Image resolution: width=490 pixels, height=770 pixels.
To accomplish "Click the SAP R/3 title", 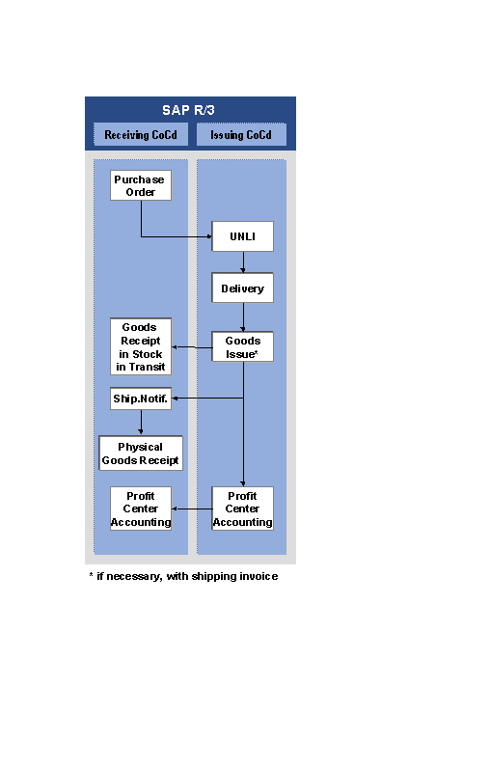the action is click(188, 110).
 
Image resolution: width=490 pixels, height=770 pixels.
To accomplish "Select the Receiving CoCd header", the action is click(141, 134).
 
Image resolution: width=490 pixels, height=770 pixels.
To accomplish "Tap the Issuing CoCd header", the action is click(241, 134).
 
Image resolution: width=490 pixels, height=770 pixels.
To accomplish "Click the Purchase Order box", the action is click(141, 185).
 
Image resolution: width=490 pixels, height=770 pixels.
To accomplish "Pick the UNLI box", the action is click(242, 236).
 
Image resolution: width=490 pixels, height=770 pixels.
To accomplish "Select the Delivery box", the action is click(242, 289).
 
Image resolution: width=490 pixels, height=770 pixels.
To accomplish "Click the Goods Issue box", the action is click(242, 347).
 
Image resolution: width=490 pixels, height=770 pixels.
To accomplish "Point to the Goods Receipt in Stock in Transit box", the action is click(141, 346).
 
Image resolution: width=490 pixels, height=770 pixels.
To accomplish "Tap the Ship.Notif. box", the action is click(141, 399).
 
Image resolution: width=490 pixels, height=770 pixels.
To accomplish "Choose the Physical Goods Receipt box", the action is click(141, 454).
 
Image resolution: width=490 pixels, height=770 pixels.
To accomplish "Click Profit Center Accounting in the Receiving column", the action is click(141, 509).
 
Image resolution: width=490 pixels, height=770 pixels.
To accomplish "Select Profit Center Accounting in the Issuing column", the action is click(242, 509).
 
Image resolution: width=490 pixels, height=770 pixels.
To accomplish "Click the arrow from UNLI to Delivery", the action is click(243, 262).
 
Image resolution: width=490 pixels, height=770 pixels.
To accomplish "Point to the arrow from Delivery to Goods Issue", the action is click(243, 317).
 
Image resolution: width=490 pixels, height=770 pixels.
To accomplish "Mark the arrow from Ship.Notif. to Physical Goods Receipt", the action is click(141, 423).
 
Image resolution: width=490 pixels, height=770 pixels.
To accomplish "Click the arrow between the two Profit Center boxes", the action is click(192, 509).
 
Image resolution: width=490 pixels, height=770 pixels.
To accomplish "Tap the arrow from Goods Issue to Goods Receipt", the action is click(192, 347).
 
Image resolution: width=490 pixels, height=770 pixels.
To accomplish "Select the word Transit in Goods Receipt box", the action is click(148, 367).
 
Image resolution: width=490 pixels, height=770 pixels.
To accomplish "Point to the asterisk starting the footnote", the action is click(92, 574).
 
